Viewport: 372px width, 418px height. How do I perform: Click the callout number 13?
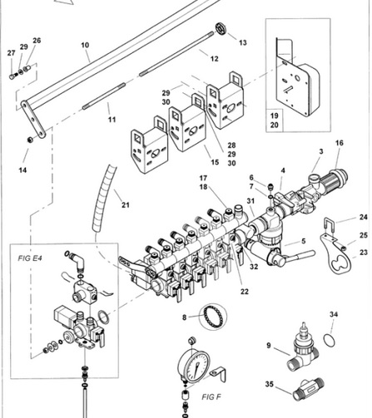tap(242, 42)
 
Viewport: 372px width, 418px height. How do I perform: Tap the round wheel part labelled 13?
tap(221, 29)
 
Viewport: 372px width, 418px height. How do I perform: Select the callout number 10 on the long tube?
tap(85, 45)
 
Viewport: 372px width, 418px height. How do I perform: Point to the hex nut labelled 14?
tap(30, 140)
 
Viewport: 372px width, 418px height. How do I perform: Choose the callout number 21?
tap(126, 205)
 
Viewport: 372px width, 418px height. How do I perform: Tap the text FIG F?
tap(211, 397)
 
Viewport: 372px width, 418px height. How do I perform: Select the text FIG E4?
tap(30, 258)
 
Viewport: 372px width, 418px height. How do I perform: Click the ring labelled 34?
tap(329, 340)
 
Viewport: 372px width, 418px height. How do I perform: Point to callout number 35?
tap(269, 384)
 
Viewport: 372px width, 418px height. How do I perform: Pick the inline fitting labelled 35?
tap(309, 390)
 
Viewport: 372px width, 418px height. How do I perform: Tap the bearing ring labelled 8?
tap(213, 317)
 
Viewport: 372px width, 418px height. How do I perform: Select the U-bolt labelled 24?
tap(330, 226)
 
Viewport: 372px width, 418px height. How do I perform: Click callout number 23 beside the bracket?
tap(364, 253)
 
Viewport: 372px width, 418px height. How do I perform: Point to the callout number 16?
tap(339, 143)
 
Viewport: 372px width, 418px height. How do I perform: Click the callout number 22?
tap(244, 292)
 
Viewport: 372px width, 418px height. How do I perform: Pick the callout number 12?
tap(214, 59)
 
